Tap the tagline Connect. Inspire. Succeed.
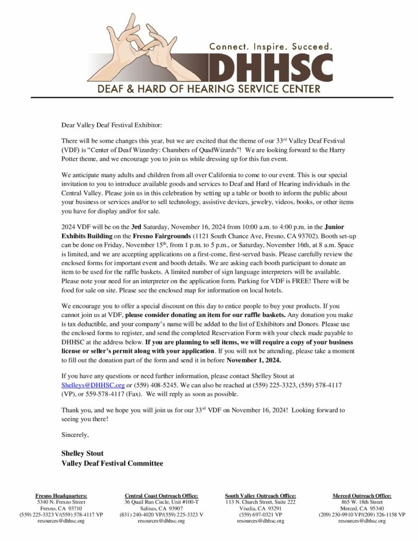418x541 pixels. [271, 46]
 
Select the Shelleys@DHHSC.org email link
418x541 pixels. [92, 385]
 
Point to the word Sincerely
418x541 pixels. [75, 435]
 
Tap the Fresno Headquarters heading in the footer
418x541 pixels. [61, 496]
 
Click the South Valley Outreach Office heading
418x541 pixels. [261, 496]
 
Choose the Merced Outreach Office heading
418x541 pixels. [361, 496]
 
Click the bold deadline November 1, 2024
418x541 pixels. [254, 361]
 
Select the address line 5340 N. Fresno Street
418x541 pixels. [61, 502]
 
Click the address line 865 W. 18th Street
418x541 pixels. [362, 502]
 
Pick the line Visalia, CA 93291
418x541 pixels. [261, 508]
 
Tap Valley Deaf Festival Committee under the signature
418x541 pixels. [112, 463]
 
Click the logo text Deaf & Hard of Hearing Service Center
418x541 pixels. [209, 88]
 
